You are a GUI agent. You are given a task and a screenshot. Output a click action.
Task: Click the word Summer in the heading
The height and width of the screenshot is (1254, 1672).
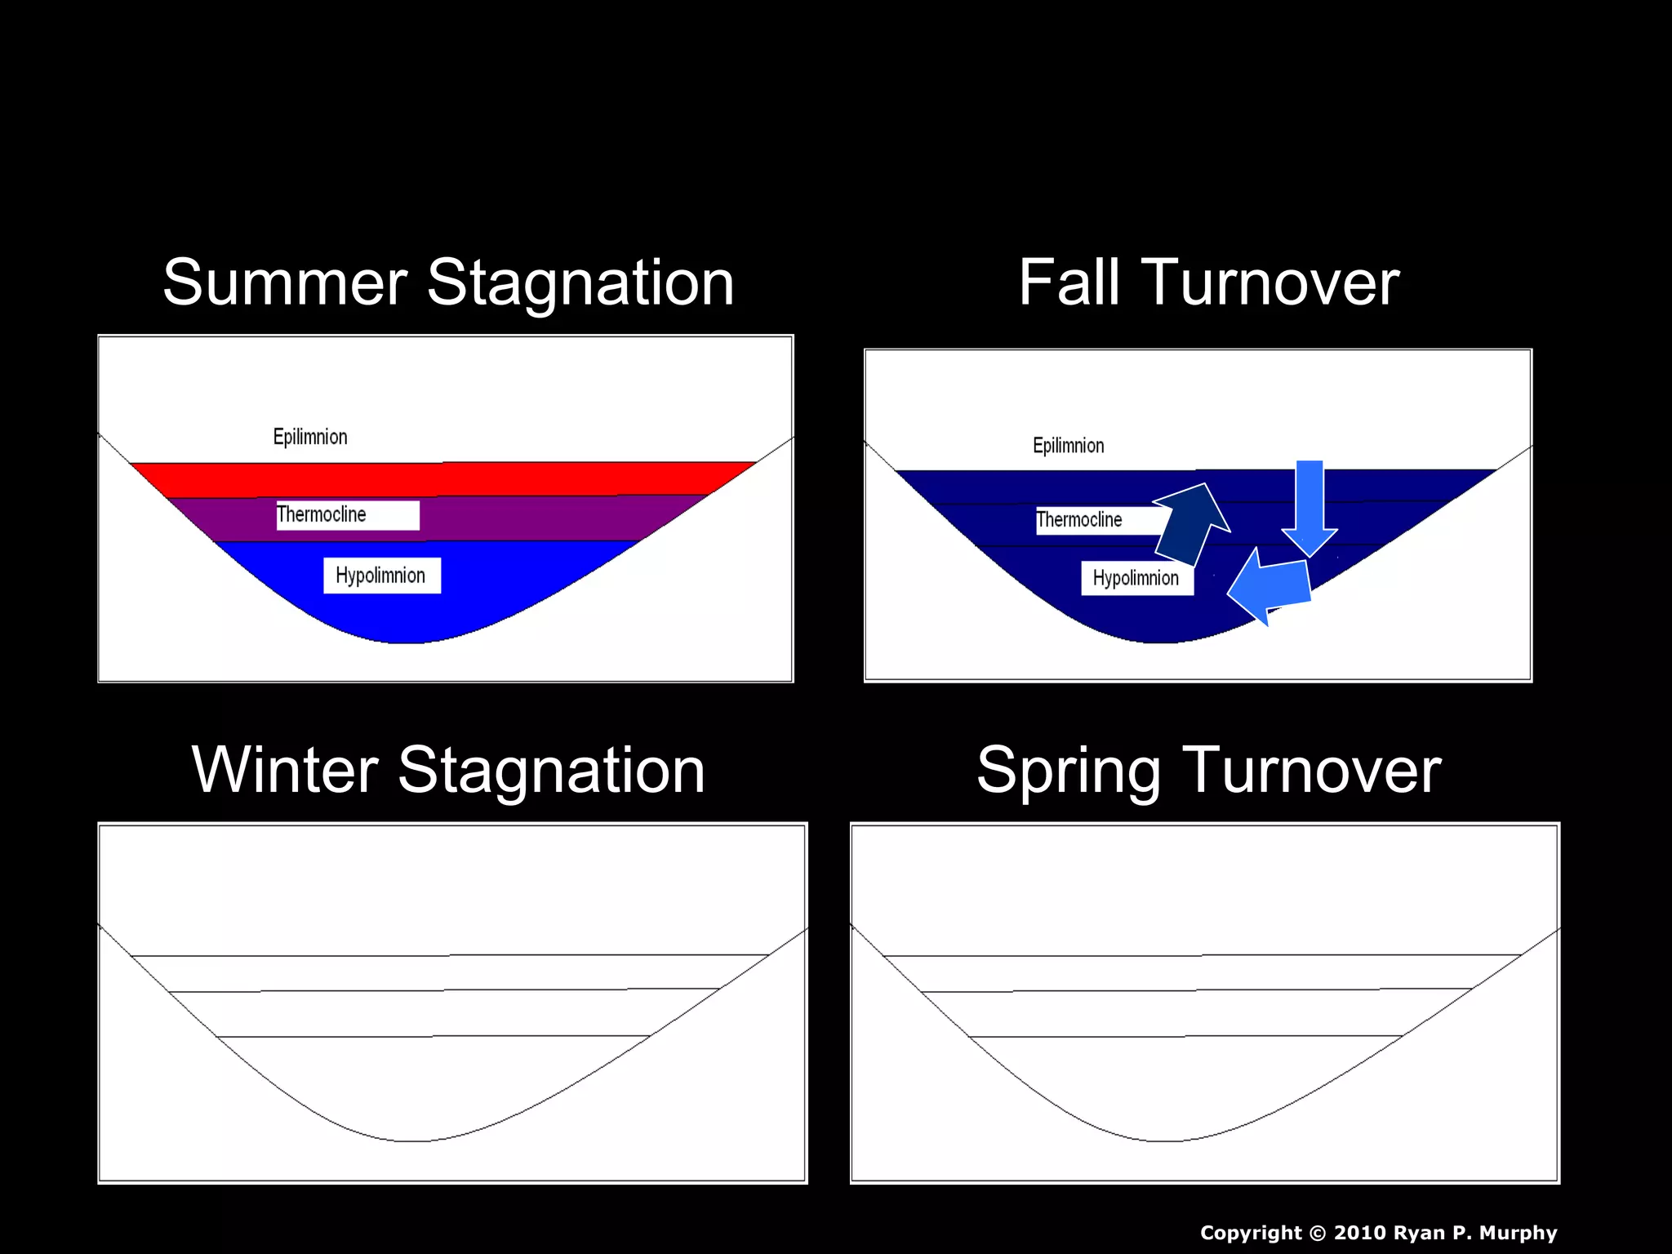(284, 282)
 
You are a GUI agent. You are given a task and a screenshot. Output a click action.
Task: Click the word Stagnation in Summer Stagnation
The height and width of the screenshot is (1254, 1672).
(580, 282)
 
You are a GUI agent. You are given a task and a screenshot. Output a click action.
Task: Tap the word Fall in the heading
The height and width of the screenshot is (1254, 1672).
(1069, 282)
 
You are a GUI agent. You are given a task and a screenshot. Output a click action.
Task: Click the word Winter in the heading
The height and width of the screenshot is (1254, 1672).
(285, 770)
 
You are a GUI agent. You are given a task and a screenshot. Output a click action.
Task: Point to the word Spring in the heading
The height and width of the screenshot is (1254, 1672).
(1068, 770)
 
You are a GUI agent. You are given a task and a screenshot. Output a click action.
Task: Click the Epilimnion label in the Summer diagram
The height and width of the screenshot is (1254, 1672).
(310, 437)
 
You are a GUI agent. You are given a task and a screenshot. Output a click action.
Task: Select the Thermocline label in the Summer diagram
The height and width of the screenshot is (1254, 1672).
(322, 514)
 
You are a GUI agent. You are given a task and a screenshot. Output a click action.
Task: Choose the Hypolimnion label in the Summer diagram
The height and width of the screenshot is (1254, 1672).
(380, 576)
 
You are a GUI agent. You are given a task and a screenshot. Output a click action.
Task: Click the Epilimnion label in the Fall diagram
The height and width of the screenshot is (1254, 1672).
(1068, 446)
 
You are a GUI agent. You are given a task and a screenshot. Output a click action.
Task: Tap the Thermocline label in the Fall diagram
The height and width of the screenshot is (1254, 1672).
(1079, 520)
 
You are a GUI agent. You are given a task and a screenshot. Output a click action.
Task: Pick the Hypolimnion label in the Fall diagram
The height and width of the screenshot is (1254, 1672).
(1136, 578)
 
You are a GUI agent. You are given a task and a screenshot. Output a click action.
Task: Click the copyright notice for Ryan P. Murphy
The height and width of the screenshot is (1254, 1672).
(1378, 1233)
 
